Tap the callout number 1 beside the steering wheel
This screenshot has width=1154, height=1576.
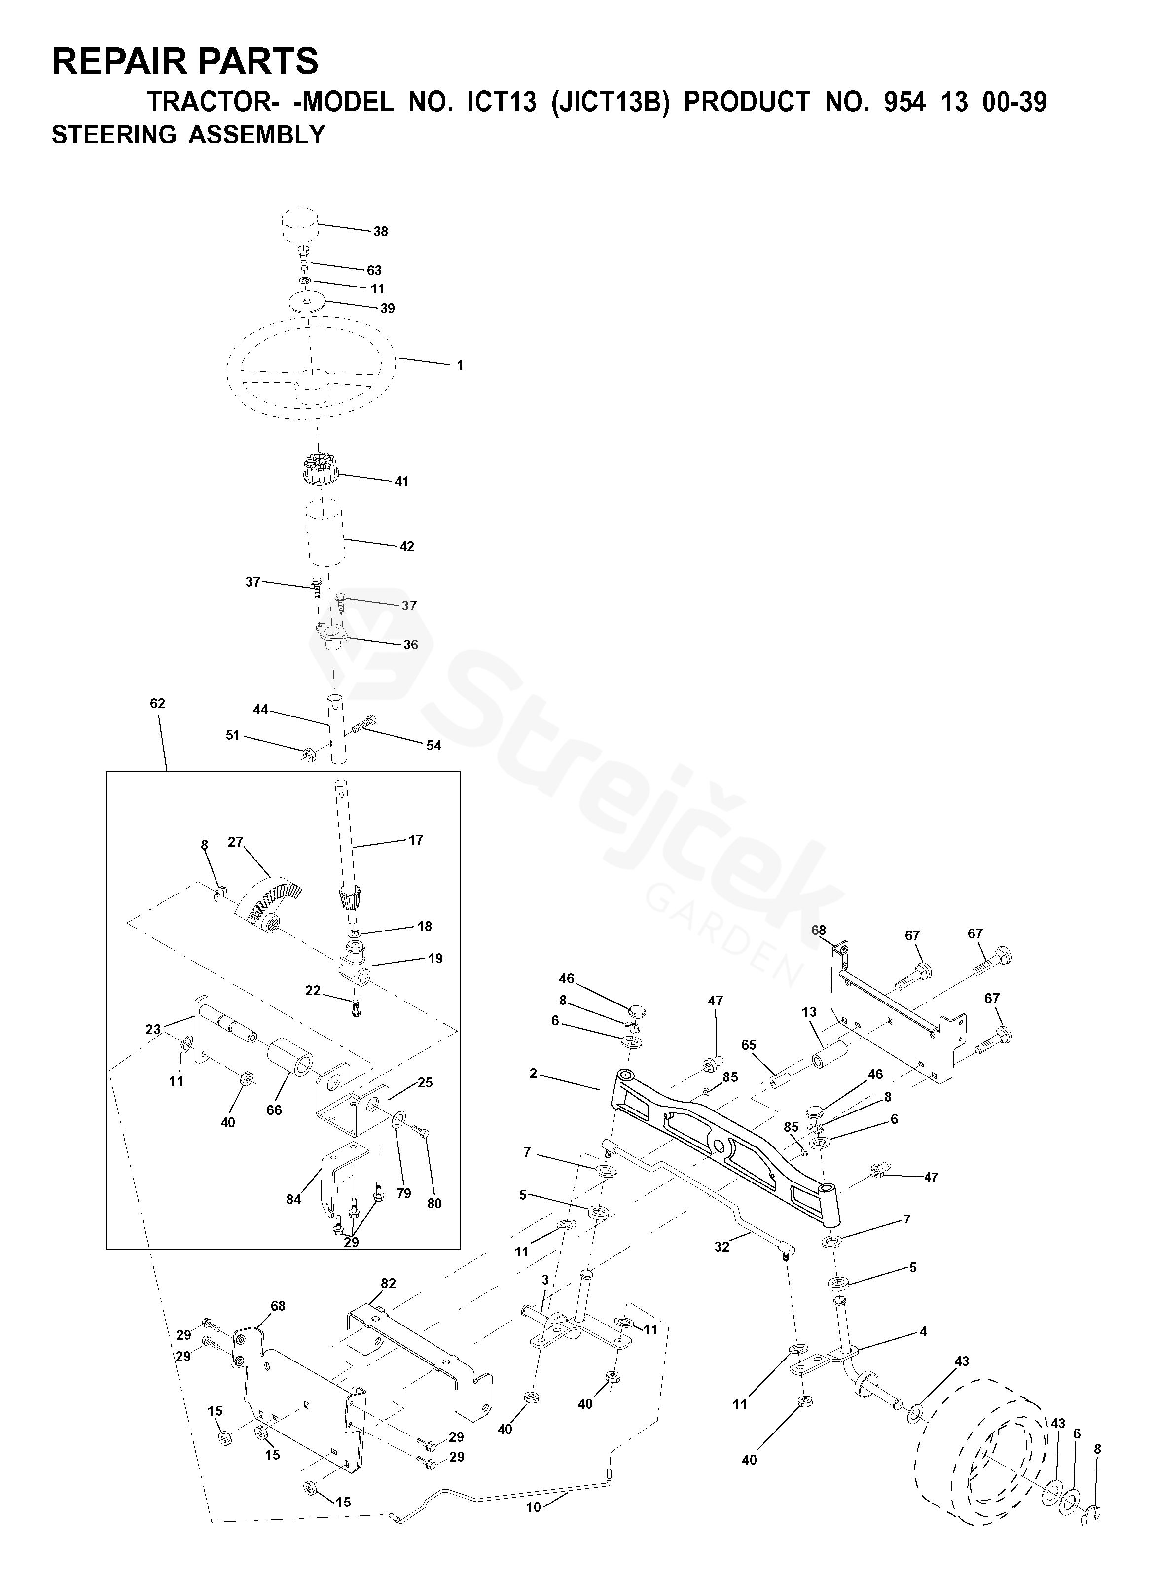coord(460,365)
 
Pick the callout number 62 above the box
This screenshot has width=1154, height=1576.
coord(157,703)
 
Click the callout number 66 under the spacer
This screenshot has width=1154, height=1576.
coord(274,1110)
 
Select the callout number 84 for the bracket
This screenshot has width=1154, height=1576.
coord(293,1199)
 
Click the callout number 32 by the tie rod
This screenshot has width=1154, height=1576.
coord(721,1247)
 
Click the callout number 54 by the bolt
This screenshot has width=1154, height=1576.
coord(434,746)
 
